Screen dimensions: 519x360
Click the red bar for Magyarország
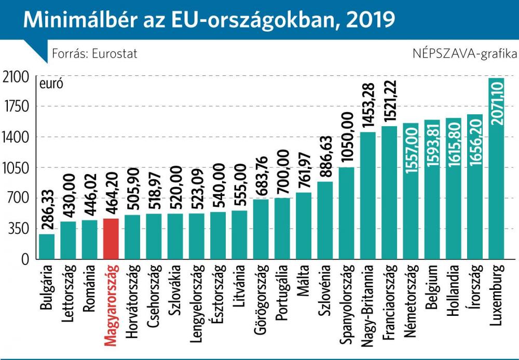(x=111, y=238)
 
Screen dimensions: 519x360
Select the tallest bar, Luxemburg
(x=496, y=168)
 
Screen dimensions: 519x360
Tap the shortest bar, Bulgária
(x=47, y=246)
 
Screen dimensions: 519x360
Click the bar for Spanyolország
(x=346, y=213)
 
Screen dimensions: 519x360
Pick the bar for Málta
(x=304, y=225)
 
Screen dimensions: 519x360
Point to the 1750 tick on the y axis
(x=16, y=106)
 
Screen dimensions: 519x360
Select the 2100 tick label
(x=16, y=77)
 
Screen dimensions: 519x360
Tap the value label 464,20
(x=111, y=193)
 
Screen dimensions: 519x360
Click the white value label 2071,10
(x=497, y=103)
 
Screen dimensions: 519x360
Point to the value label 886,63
(x=325, y=157)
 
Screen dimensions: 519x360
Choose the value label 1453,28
(x=368, y=105)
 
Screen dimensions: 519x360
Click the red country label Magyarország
(x=111, y=305)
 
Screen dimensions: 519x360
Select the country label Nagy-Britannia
(x=368, y=305)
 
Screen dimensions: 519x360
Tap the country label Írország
(x=475, y=287)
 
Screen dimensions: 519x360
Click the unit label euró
(x=51, y=84)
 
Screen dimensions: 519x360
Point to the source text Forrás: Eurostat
(x=94, y=54)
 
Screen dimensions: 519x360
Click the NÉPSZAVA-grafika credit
(x=465, y=54)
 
